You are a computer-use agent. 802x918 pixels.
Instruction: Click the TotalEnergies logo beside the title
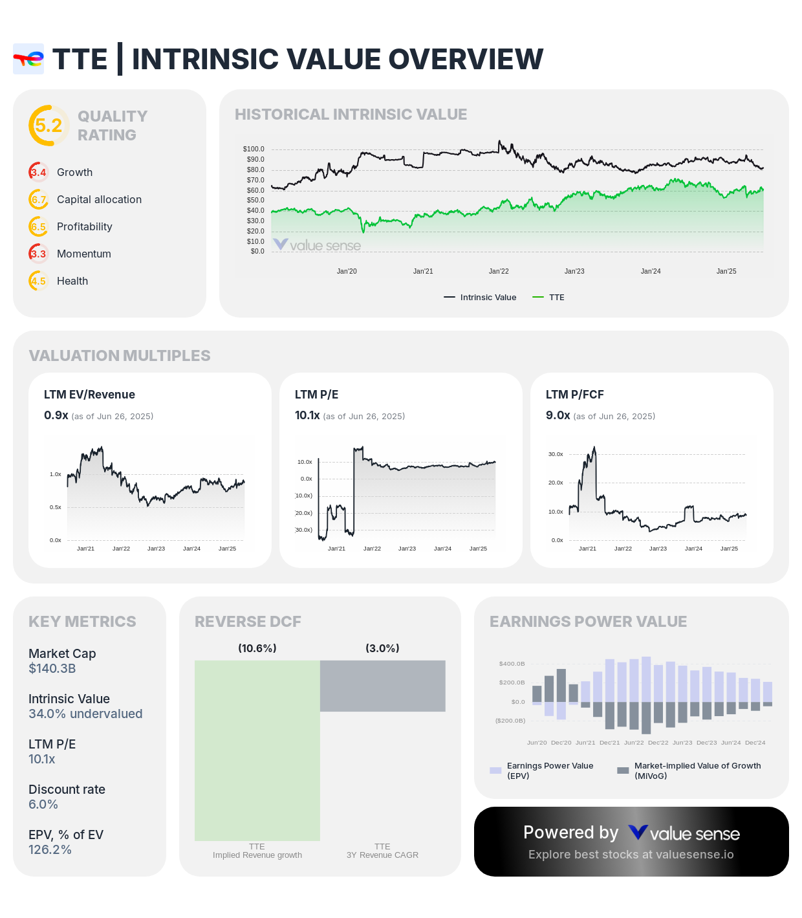point(28,60)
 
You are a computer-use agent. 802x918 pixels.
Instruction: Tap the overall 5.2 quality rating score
point(49,126)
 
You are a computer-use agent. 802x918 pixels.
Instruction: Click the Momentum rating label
point(84,254)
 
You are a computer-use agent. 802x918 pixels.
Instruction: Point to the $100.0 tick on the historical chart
point(254,149)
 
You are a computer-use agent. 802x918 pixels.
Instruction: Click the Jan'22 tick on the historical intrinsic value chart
point(499,271)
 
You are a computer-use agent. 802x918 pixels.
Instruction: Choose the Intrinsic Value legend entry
point(481,298)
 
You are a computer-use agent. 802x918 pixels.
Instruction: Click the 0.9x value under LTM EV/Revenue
point(56,415)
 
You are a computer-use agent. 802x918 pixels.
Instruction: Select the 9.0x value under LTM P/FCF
point(558,415)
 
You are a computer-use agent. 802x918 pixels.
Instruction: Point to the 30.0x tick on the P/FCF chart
point(556,454)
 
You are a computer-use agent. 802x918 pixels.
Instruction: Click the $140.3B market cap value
point(52,668)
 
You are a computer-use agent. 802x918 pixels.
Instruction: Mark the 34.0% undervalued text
point(85,714)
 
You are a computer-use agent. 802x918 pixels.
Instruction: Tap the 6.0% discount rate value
point(43,804)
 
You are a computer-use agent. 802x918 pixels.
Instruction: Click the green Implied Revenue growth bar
point(257,750)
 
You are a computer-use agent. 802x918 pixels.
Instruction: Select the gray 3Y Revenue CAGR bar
point(383,686)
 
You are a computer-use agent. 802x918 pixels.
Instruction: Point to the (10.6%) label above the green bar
point(257,648)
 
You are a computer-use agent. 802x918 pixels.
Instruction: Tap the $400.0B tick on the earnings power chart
point(512,664)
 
